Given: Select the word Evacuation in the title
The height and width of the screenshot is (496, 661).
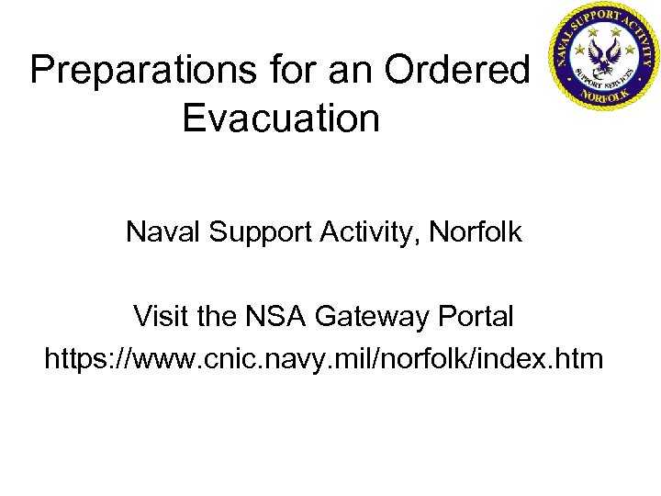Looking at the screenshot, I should (281, 118).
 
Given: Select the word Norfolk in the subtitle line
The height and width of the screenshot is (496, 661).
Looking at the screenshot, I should (476, 232).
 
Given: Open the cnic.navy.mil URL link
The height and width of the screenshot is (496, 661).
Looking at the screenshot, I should (324, 359).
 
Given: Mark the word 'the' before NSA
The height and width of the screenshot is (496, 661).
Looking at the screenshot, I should (217, 317).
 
